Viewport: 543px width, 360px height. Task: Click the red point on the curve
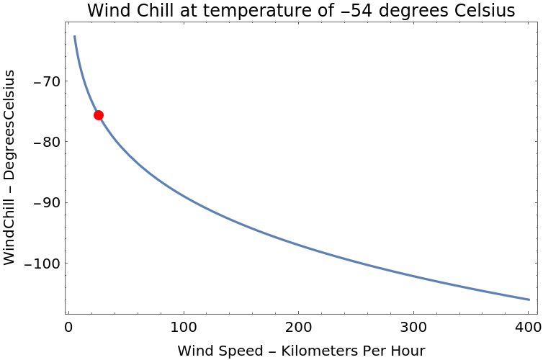tap(99, 115)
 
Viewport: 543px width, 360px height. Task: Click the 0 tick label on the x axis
tap(68, 328)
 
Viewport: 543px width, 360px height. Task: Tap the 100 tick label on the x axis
tap(183, 328)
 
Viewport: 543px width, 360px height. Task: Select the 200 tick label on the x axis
tap(298, 328)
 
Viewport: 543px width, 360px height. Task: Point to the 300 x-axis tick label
tap(413, 328)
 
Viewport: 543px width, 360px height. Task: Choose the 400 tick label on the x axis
tap(529, 328)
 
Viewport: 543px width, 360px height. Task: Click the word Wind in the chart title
tap(107, 12)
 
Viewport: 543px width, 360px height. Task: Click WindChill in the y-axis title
tap(9, 228)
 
